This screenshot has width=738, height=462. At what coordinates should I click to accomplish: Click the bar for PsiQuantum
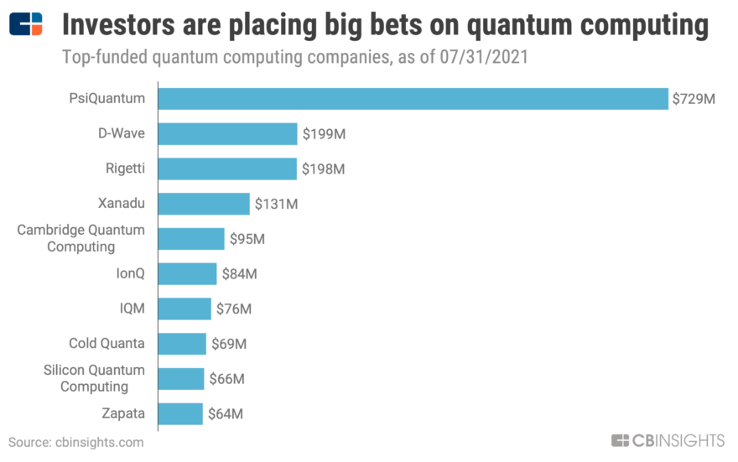point(413,99)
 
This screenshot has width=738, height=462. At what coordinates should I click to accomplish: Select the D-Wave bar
point(227,134)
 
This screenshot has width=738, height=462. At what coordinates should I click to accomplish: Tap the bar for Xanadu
point(204,204)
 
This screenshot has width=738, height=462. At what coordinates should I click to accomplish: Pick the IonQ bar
point(187,273)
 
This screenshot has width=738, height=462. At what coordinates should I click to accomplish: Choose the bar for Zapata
point(180,413)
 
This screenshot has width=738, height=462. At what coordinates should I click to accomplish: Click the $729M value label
point(693,99)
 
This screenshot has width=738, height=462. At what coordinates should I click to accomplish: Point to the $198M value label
point(323,169)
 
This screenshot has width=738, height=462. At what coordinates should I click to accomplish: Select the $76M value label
point(233,309)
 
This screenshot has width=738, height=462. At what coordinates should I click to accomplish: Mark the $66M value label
point(226,379)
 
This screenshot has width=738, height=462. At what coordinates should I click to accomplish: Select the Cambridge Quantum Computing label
point(81,238)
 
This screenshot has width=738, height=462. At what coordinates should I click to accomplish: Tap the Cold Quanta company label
point(107,343)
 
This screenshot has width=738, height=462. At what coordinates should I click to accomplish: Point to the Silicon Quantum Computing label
point(93,378)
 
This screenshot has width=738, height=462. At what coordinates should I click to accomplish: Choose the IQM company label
point(132,309)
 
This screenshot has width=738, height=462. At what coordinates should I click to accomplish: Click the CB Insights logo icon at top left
point(26,25)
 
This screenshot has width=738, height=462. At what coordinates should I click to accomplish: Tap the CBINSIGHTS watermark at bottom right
point(668,441)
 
